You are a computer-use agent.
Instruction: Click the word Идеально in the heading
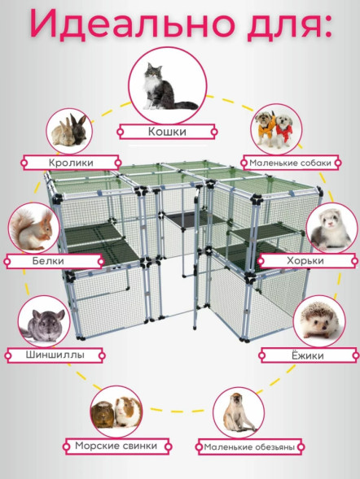pyautogui.click(x=132, y=24)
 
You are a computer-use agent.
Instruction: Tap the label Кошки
pyautogui.click(x=167, y=132)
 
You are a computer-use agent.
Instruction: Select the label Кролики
pyautogui.click(x=71, y=163)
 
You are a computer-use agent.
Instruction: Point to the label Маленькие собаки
pyautogui.click(x=290, y=163)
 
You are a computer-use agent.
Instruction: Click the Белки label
pyautogui.click(x=48, y=261)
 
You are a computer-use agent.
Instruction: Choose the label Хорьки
pyautogui.click(x=305, y=261)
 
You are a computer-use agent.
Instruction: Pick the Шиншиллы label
pyautogui.click(x=55, y=355)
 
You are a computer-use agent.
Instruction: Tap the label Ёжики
pyautogui.click(x=307, y=355)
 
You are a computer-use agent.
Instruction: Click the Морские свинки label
pyautogui.click(x=116, y=446)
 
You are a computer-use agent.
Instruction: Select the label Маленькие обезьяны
pyautogui.click(x=249, y=447)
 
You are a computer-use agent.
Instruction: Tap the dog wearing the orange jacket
pyautogui.click(x=265, y=128)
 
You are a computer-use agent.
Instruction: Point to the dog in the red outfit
pyautogui.click(x=284, y=130)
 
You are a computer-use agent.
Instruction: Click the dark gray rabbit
pyautogui.click(x=78, y=129)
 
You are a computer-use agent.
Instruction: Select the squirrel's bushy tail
pyautogui.click(x=19, y=227)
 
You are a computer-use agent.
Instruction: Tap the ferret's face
pyautogui.click(x=330, y=219)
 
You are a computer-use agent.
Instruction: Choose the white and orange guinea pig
pyautogui.click(x=128, y=412)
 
